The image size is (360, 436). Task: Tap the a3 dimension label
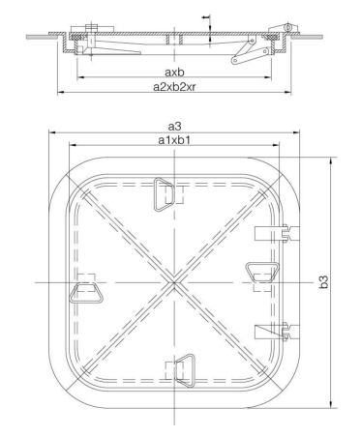click(x=173, y=126)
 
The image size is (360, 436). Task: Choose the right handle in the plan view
click(x=260, y=273)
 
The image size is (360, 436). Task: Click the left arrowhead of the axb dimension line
click(x=80, y=78)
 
